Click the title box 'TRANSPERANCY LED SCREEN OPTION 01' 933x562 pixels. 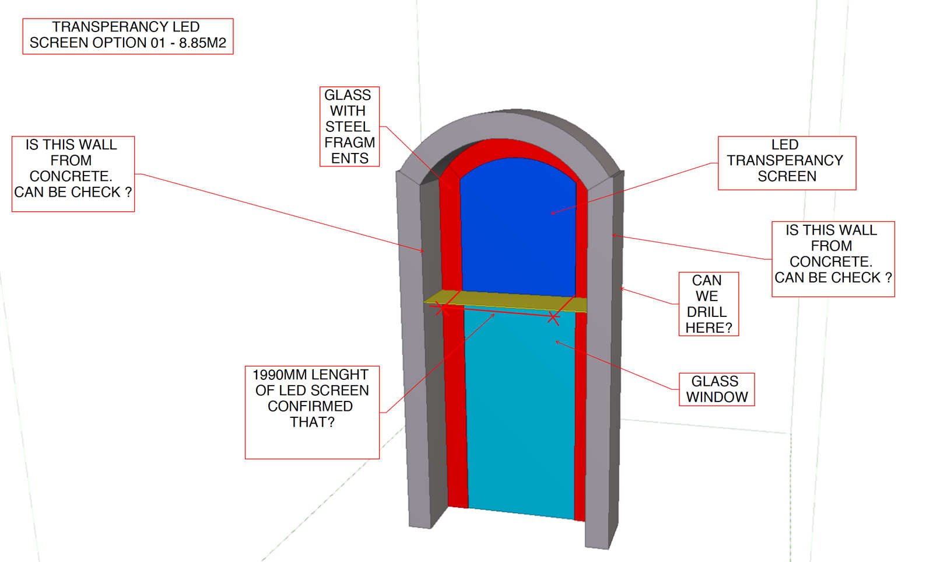click(128, 36)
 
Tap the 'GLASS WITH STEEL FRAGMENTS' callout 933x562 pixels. click(349, 127)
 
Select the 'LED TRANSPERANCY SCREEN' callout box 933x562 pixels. click(786, 163)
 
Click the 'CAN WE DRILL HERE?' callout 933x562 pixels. click(708, 304)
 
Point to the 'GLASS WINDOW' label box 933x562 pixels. click(716, 389)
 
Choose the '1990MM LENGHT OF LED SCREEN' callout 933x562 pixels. click(312, 411)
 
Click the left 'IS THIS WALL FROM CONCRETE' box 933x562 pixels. click(73, 174)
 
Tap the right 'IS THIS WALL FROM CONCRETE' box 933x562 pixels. click(832, 259)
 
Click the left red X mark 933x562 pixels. click(443, 309)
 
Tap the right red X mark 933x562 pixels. click(553, 318)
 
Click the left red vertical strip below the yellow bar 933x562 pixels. click(455, 409)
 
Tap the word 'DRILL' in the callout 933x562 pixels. click(707, 312)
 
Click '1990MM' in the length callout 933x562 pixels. click(274, 375)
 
